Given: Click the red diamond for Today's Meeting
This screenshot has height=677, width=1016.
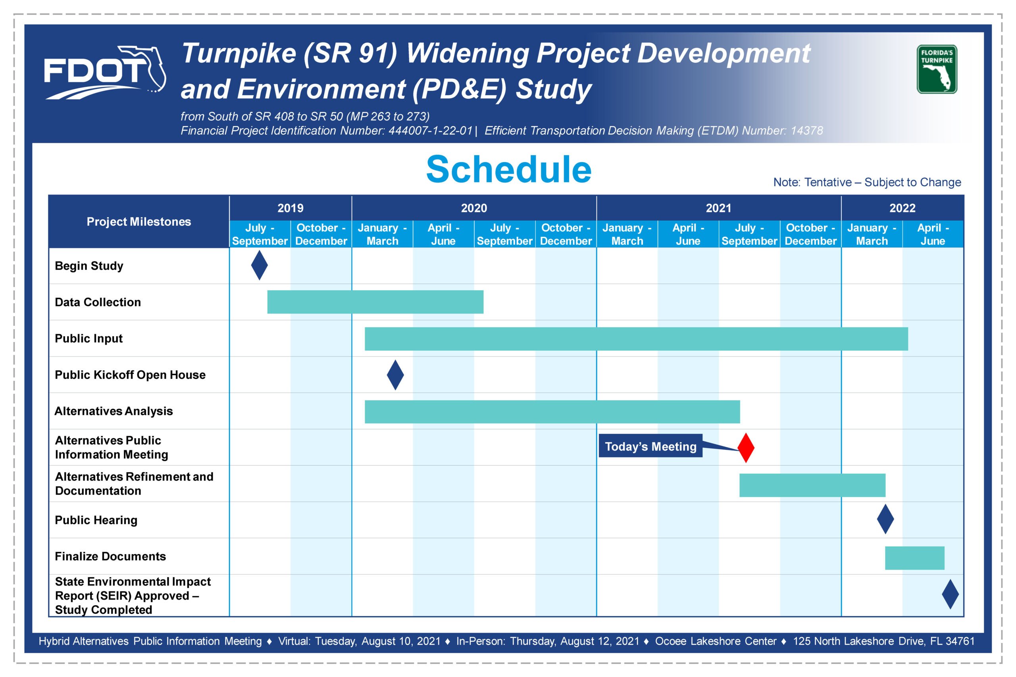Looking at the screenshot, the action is (746, 448).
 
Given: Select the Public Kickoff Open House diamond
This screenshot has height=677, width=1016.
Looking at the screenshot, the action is (395, 375).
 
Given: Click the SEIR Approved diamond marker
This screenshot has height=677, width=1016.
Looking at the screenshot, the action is (951, 594).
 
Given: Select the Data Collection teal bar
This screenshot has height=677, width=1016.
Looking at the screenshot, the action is (375, 302).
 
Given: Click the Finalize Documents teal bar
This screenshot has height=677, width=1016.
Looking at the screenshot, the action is (914, 558).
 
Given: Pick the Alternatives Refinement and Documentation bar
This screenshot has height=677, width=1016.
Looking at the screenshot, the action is (812, 485).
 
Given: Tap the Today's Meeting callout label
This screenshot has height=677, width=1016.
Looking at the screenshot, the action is (650, 446).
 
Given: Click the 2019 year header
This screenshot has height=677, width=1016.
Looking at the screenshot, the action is (290, 208).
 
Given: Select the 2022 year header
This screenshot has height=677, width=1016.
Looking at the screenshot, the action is (902, 208).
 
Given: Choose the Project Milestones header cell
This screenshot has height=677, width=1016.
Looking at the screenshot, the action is (139, 221).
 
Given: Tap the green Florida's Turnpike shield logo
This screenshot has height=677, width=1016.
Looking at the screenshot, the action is (937, 69).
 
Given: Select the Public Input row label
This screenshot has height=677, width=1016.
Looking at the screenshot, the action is (89, 339).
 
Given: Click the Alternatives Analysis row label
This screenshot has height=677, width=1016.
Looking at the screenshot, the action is (114, 411).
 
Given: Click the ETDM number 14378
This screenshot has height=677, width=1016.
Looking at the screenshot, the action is (807, 130).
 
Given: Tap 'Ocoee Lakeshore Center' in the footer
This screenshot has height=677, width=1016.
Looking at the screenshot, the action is (716, 641).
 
